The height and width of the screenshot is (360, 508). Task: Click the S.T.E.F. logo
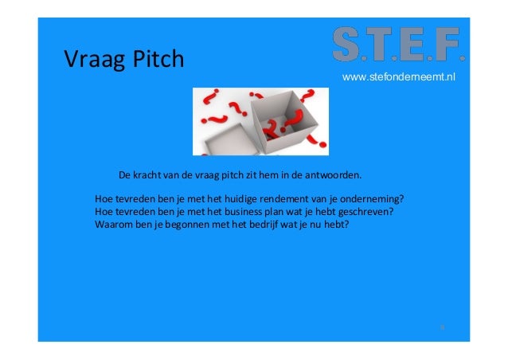tap(398, 45)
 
